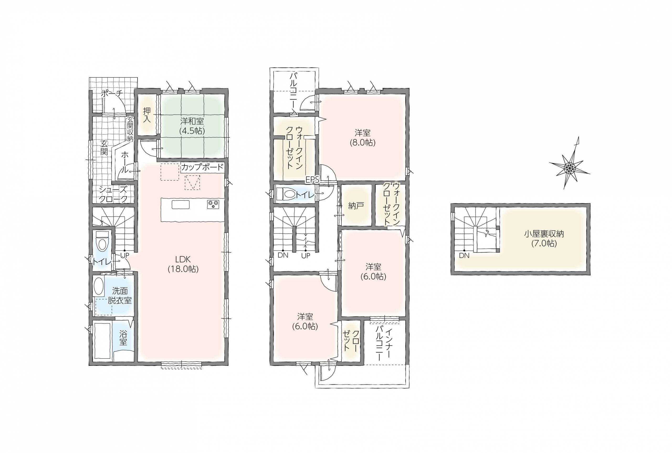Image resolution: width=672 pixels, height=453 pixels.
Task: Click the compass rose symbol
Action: [x=569, y=167]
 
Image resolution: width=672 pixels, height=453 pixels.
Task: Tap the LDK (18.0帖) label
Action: [x=183, y=264]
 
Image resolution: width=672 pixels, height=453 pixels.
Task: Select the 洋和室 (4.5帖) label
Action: [x=192, y=126]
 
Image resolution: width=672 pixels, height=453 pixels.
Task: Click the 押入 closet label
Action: [x=147, y=115]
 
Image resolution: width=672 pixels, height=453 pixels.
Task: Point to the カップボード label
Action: [x=202, y=167]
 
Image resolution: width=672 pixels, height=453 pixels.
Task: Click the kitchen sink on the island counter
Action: [x=181, y=205]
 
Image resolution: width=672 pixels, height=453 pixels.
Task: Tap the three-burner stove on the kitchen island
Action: [x=213, y=204]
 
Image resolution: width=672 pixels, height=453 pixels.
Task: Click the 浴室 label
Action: [x=123, y=338]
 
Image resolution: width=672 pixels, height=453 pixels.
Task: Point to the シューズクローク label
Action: [x=113, y=194]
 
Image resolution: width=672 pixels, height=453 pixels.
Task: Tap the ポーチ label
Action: [x=112, y=93]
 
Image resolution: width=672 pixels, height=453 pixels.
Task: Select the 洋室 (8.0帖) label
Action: [x=363, y=138]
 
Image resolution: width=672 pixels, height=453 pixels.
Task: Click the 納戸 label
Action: [x=356, y=206]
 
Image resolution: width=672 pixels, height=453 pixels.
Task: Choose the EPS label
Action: [x=312, y=180]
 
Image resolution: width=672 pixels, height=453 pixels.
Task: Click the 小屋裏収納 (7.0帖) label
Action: [x=544, y=238]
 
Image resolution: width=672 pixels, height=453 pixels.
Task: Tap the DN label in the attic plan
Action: [x=464, y=256]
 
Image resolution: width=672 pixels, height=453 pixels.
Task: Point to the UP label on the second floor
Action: [x=306, y=256]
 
